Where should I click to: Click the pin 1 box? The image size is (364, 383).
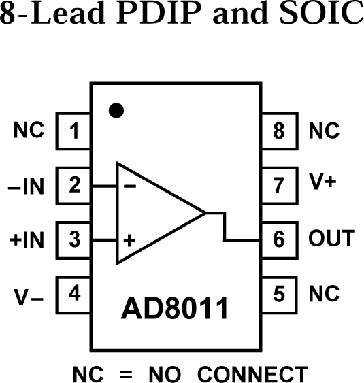[74, 131]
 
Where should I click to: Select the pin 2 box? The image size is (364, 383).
[74, 185]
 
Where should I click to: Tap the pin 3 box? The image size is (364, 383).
[74, 239]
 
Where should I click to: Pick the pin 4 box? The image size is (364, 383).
[74, 294]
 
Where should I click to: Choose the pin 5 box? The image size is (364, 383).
[278, 294]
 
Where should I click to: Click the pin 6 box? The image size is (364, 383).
[278, 239]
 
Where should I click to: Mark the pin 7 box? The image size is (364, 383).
[278, 185]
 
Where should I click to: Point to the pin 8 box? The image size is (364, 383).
[278, 131]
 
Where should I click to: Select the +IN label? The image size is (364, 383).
[27, 239]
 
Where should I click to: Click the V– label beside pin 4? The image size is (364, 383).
[29, 297]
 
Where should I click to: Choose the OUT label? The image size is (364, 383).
[331, 239]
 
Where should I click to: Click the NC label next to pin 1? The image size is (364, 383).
[29, 130]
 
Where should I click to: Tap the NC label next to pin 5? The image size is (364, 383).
[324, 294]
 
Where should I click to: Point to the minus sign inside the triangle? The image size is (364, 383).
[129, 186]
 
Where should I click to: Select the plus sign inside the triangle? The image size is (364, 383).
[128, 240]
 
